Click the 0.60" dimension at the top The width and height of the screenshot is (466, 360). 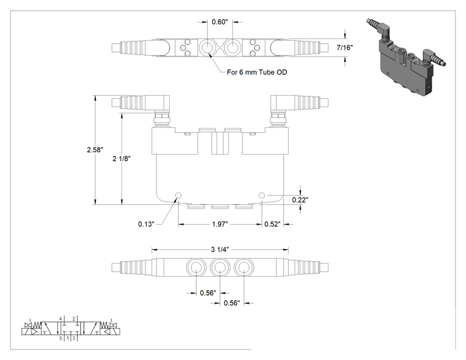point(220,22)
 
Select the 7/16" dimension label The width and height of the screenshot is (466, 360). point(344,48)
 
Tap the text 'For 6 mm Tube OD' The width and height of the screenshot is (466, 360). point(257,72)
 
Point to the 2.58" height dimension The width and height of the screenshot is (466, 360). point(95,150)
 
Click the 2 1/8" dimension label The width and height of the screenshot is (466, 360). point(122,158)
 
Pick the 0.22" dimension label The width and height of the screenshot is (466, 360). point(300,200)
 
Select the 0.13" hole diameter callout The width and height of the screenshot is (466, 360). point(146,224)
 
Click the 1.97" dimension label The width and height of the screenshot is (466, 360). point(220,224)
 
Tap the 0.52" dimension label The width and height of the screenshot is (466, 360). point(272,224)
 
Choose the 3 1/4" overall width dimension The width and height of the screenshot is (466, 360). point(220,250)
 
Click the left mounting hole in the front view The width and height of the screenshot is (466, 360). point(179,195)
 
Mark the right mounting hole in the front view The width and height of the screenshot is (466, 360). point(262,195)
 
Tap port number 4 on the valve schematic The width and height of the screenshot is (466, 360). point(60,319)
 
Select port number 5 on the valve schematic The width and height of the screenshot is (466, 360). point(61,338)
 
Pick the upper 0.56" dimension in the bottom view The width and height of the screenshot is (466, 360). point(208,293)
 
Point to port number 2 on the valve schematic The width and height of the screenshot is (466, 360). point(74,319)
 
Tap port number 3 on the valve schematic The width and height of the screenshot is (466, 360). point(74,338)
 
